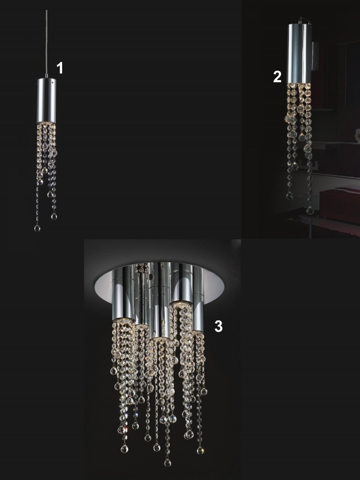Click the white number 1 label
(60, 68)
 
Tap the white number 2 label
(277, 76)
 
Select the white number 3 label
(218, 326)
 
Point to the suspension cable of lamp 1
(46, 43)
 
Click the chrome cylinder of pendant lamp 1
(46, 100)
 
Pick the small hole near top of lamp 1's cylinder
(54, 82)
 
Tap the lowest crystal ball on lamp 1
(37, 228)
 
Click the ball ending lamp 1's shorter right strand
(54, 216)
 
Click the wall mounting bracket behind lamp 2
(315, 56)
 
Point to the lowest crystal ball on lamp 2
(310, 210)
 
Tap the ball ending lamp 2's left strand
(290, 196)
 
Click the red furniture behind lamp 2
(339, 205)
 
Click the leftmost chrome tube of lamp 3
(123, 294)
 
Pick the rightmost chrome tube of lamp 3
(198, 299)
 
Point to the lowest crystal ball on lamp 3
(167, 462)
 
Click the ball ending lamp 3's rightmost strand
(200, 450)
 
